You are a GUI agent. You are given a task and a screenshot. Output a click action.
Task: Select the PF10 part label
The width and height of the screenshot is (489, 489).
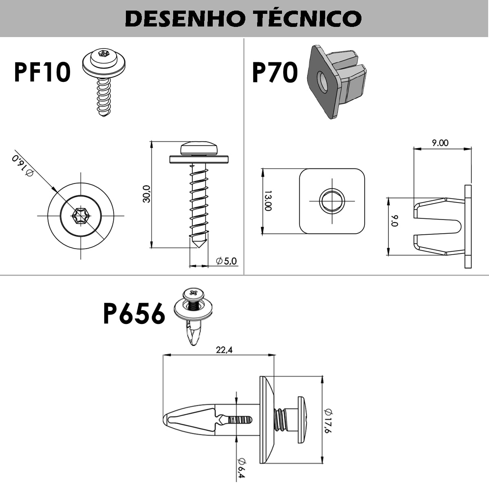pyautogui.click(x=42, y=72)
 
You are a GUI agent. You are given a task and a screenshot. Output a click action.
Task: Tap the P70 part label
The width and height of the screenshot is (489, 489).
pyautogui.click(x=275, y=73)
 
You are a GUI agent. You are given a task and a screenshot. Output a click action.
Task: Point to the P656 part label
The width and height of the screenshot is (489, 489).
pyautogui.click(x=134, y=314)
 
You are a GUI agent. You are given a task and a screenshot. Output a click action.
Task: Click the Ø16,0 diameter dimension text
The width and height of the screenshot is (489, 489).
pyautogui.click(x=23, y=165)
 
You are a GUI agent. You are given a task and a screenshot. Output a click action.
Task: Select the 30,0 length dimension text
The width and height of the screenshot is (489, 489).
pyautogui.click(x=146, y=194)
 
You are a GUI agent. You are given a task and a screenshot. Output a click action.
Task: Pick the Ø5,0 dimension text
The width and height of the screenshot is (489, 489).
pyautogui.click(x=227, y=261)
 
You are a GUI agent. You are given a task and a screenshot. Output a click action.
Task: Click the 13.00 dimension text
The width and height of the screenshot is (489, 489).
pyautogui.click(x=268, y=201)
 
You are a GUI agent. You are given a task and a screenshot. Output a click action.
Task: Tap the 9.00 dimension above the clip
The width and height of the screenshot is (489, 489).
pyautogui.click(x=440, y=143)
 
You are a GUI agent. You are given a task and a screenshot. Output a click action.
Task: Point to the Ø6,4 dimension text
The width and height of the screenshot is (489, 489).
pyautogui.click(x=241, y=468)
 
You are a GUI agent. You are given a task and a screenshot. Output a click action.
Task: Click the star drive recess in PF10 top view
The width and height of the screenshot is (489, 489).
pyautogui.click(x=80, y=216)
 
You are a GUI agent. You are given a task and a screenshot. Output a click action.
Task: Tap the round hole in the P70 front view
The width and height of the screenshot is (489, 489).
pyautogui.click(x=332, y=201)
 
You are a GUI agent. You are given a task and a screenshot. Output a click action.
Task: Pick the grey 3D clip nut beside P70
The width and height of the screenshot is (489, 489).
pyautogui.click(x=336, y=81)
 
